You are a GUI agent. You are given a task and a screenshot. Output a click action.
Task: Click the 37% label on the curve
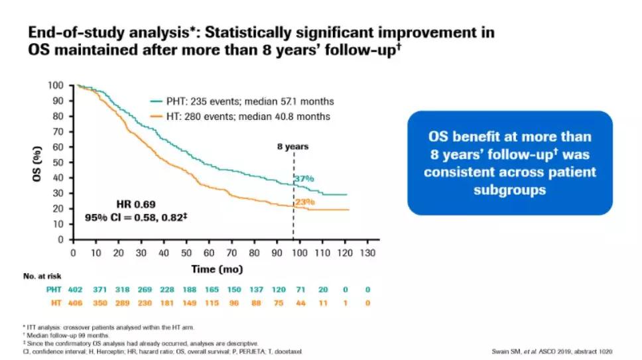pyautogui.click(x=304, y=178)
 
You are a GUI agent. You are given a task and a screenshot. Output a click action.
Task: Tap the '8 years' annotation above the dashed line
pyautogui.click(x=292, y=147)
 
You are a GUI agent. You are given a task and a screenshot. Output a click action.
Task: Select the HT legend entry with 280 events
pyautogui.click(x=241, y=117)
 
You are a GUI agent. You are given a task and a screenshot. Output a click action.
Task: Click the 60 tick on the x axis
pyautogui.click(x=208, y=253)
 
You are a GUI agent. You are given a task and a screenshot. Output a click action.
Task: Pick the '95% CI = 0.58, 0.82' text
pyautogui.click(x=137, y=217)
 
